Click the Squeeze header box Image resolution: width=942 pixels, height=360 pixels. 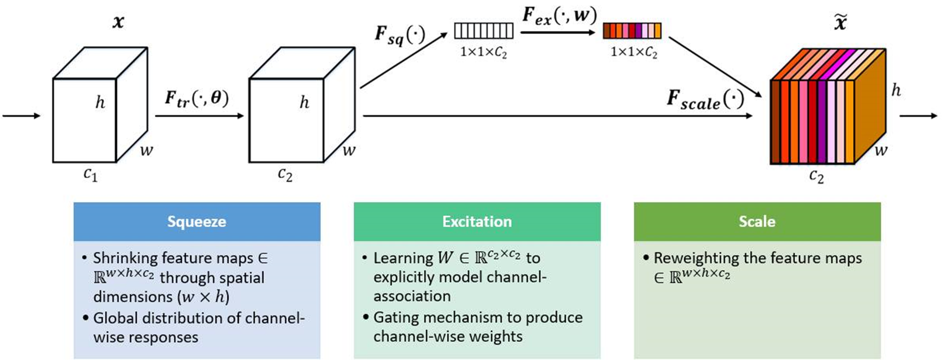[197, 222]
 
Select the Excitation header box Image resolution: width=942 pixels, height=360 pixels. [477, 222]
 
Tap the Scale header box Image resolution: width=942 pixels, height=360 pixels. [757, 222]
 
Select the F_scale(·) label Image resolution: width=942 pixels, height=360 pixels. [705, 99]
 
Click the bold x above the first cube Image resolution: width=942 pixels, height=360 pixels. [118, 21]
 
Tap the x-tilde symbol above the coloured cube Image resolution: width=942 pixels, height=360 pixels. [840, 23]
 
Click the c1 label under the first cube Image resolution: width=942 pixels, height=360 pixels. [90, 175]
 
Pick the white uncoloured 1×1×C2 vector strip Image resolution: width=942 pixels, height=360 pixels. [484, 31]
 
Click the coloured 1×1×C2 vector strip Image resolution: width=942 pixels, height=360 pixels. [632, 31]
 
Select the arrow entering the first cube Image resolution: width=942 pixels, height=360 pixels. [21, 116]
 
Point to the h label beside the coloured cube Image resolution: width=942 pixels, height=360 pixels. [896, 90]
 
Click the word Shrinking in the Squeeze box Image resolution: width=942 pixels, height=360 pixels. [125, 258]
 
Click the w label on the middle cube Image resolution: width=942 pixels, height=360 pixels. [348, 150]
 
